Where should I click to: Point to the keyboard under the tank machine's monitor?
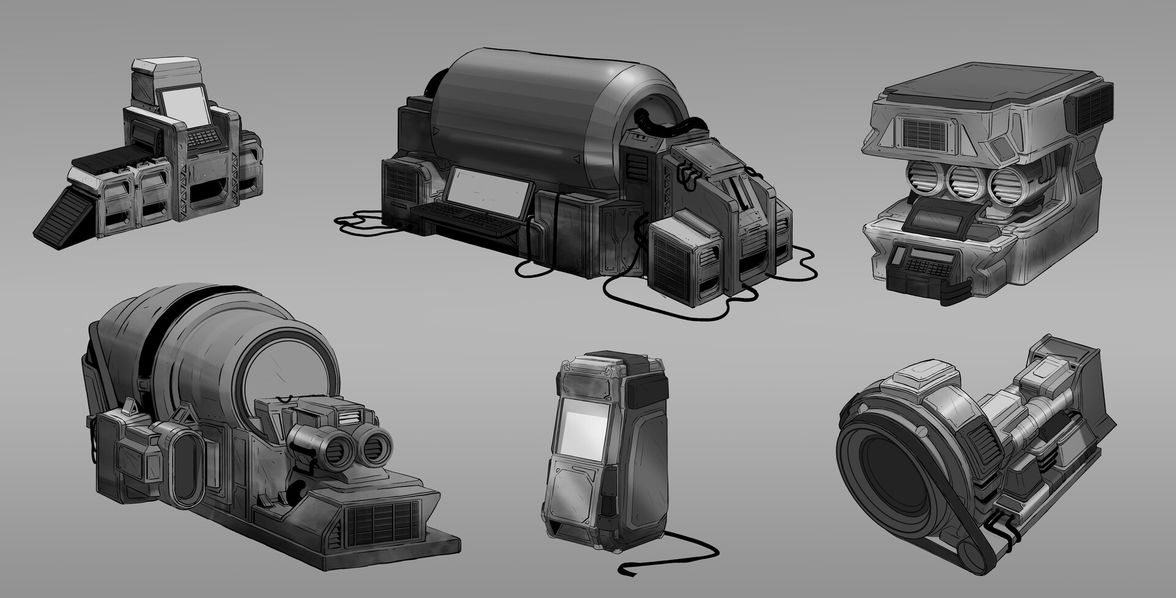tap(466, 221)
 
